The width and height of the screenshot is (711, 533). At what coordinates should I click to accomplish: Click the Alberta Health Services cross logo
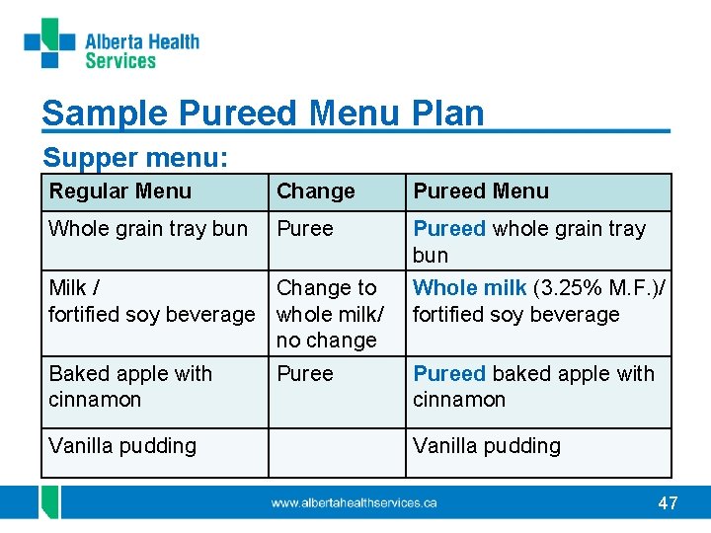coord(50,43)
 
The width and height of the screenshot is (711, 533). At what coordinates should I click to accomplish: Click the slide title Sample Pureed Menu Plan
coord(263,114)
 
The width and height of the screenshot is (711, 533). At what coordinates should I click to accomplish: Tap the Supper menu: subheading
coord(135,158)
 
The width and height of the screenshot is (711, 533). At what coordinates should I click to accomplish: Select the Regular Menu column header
coord(120,191)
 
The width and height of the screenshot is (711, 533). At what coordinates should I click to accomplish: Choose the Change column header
coord(315,191)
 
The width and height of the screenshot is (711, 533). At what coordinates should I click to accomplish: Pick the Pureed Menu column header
coord(480,191)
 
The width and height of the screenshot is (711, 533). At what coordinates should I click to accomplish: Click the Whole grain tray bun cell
coord(148,229)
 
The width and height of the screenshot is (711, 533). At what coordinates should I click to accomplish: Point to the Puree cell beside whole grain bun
coord(305,229)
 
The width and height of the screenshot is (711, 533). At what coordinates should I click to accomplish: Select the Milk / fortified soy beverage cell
coord(151,301)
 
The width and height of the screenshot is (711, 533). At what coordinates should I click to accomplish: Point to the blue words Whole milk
coord(469,288)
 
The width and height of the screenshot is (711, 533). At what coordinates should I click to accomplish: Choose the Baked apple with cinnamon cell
coord(130,386)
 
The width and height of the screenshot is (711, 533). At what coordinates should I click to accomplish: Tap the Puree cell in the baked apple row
coord(305,374)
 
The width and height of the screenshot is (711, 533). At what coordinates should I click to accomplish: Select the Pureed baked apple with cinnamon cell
coord(533,386)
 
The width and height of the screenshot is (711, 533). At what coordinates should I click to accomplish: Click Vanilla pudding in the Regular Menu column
coord(122,446)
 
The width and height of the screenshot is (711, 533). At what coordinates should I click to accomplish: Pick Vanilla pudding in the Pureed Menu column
coord(486,446)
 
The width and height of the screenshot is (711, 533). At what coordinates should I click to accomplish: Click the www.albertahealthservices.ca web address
coord(355,503)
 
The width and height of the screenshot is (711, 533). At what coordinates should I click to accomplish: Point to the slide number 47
coord(668,503)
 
